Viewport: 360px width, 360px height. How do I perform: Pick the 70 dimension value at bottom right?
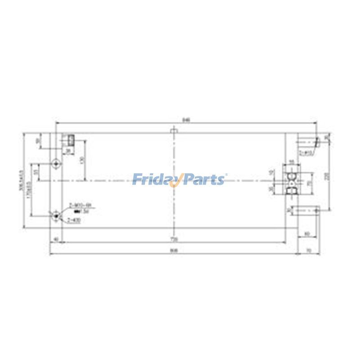(x=309, y=251)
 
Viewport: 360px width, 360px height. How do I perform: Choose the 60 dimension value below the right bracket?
(x=307, y=233)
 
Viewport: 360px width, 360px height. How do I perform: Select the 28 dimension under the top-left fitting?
(x=68, y=151)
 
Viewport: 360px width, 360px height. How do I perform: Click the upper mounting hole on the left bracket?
(x=55, y=163)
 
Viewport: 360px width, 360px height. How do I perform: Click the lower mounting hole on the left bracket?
(x=55, y=216)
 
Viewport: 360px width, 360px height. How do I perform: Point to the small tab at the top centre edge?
(x=173, y=131)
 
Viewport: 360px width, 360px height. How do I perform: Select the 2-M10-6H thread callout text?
(x=80, y=205)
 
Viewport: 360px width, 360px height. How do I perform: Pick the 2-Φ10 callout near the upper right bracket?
(x=309, y=153)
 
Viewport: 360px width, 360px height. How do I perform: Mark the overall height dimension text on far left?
(x=20, y=180)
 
